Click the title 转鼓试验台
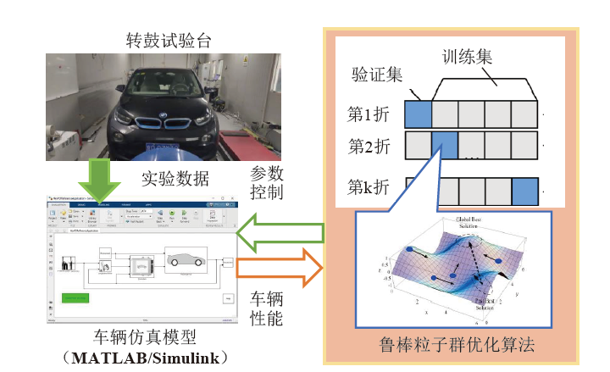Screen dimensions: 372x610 coord(163,39)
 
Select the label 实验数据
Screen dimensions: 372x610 coord(175,179)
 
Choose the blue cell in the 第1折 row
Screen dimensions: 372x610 coord(419,113)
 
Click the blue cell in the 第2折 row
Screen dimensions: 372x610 coord(445,143)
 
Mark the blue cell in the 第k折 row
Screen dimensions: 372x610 coord(524,187)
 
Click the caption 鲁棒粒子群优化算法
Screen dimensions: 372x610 coord(458,346)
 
